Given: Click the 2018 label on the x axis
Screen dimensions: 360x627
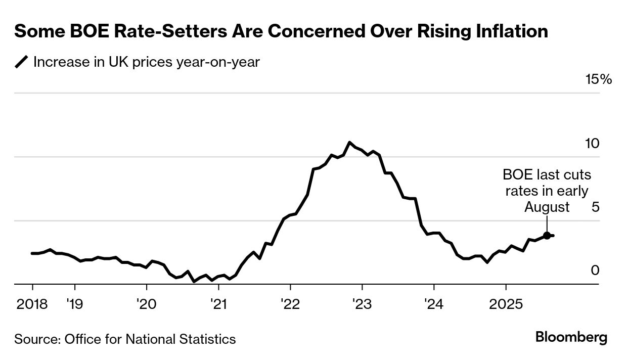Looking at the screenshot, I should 32,304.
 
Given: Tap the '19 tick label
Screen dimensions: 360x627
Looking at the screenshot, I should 75,304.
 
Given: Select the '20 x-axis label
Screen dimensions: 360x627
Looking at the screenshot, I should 147,304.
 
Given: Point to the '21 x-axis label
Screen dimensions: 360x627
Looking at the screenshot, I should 218,304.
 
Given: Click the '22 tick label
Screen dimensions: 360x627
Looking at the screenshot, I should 290,304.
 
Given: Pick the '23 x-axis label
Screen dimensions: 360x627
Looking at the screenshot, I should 362,304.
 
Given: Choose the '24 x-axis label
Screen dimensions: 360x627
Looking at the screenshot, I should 434,304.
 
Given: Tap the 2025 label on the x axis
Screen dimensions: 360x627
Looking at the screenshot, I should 506,304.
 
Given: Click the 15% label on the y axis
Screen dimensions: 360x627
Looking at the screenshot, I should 598,79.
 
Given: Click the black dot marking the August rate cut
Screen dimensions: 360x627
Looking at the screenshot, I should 547,236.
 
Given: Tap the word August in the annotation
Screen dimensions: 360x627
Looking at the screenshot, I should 547,207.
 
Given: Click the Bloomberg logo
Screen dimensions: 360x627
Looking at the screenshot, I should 571,337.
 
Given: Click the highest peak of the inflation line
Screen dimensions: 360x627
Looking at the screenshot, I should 350,142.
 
